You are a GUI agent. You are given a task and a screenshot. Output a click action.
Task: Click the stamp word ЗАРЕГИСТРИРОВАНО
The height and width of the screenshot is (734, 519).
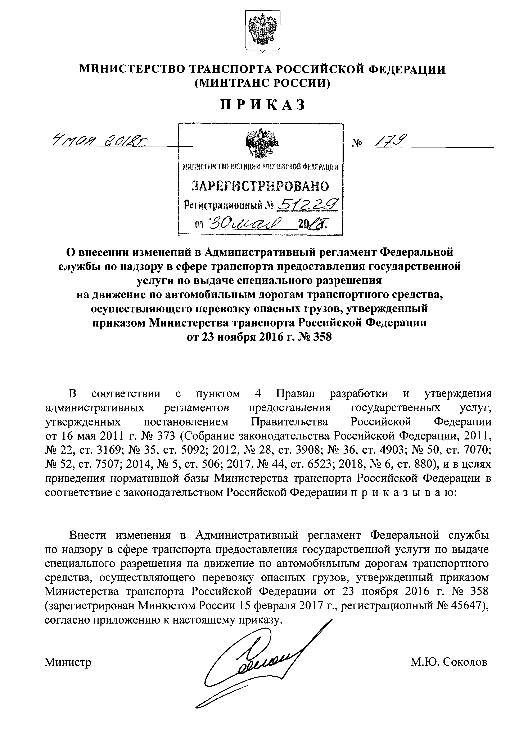(x=260, y=186)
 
